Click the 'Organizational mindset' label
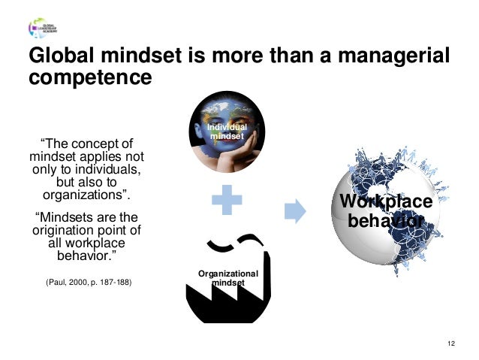tap(227, 278)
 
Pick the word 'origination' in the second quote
tap(63, 230)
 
